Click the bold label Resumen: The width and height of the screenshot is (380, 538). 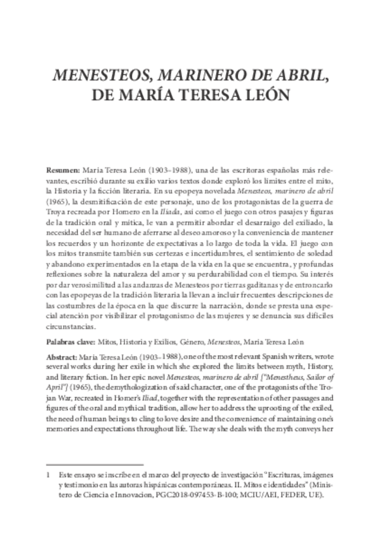(63, 171)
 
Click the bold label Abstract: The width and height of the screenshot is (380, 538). (63, 357)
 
